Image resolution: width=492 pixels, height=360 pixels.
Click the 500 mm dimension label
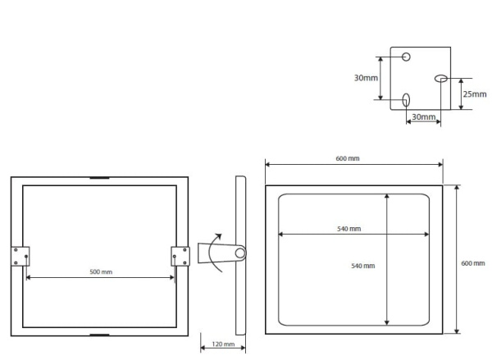tap(101, 271)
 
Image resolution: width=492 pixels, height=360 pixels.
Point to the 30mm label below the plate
tap(423, 117)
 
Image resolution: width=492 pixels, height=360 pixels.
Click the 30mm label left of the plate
tap(366, 78)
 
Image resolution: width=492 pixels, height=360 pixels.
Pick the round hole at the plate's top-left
tap(406, 57)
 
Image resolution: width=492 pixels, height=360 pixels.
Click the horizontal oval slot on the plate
tap(440, 79)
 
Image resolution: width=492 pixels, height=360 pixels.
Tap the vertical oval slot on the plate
tap(406, 100)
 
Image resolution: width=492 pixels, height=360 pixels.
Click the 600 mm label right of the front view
tap(472, 263)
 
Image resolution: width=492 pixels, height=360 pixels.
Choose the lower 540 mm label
tap(362, 267)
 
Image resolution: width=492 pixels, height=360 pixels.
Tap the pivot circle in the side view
tap(239, 253)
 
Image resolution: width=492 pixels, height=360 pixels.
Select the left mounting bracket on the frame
tap(20, 256)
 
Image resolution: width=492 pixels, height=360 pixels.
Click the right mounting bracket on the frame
tap(180, 256)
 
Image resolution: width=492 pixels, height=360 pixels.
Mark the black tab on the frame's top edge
tap(99, 178)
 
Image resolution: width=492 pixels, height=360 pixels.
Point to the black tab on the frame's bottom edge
tap(99, 334)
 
